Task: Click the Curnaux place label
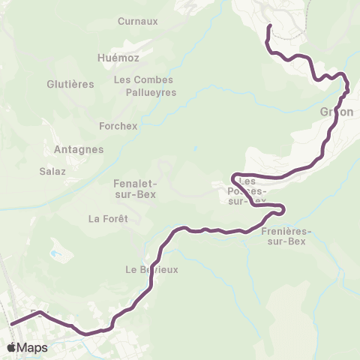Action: point(138,22)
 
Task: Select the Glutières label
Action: point(70,84)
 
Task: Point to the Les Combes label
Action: point(143,79)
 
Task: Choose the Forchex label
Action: point(118,126)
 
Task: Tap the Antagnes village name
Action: point(79,149)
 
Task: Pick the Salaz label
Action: point(52,171)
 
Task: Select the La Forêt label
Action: point(109,219)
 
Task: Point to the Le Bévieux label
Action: point(151,270)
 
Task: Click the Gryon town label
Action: point(337,112)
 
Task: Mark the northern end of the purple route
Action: point(269,26)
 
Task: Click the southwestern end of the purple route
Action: point(11,325)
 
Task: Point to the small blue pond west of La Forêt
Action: point(55,253)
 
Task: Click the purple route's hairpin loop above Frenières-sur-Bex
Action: point(282,208)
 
